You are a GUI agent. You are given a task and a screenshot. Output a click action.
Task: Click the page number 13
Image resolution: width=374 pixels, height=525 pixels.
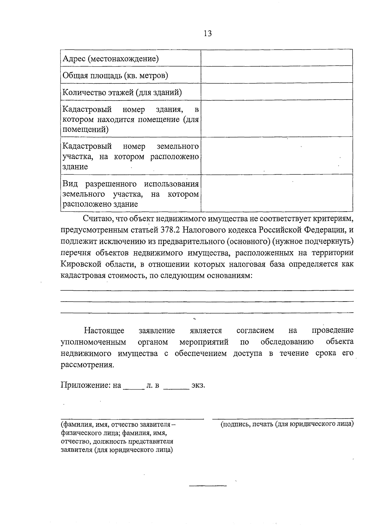click(x=208, y=33)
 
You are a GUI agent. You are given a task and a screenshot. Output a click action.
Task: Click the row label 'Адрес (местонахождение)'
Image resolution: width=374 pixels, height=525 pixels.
click(x=111, y=59)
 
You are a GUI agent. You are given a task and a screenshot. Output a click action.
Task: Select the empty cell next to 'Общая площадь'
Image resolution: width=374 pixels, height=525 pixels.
click(x=276, y=74)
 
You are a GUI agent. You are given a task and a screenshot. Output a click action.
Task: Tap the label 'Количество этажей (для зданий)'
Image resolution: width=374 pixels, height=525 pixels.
click(x=122, y=92)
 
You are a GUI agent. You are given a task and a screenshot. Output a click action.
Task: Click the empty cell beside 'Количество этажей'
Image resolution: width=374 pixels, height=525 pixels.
click(x=276, y=91)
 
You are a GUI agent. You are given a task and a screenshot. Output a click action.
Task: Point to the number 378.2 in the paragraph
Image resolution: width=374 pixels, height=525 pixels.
click(x=170, y=230)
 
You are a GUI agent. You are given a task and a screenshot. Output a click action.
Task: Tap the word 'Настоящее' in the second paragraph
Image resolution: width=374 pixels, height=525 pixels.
click(x=104, y=330)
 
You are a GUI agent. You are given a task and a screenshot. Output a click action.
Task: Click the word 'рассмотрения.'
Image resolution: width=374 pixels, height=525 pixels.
click(x=88, y=365)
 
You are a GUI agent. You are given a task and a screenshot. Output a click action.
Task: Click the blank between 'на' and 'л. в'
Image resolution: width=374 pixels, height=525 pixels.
click(x=134, y=387)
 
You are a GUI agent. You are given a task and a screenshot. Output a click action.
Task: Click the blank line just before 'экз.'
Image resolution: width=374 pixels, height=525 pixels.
click(x=176, y=387)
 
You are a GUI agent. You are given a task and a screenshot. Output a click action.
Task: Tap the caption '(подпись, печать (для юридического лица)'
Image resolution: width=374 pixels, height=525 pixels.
click(x=287, y=424)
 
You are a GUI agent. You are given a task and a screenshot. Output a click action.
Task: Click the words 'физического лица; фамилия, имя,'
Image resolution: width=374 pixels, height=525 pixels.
click(x=114, y=433)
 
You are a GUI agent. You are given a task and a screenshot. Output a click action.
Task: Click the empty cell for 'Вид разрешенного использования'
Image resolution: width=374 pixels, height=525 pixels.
click(x=276, y=193)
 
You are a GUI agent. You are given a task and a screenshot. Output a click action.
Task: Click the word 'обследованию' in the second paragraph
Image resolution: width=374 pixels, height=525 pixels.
click(x=287, y=342)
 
